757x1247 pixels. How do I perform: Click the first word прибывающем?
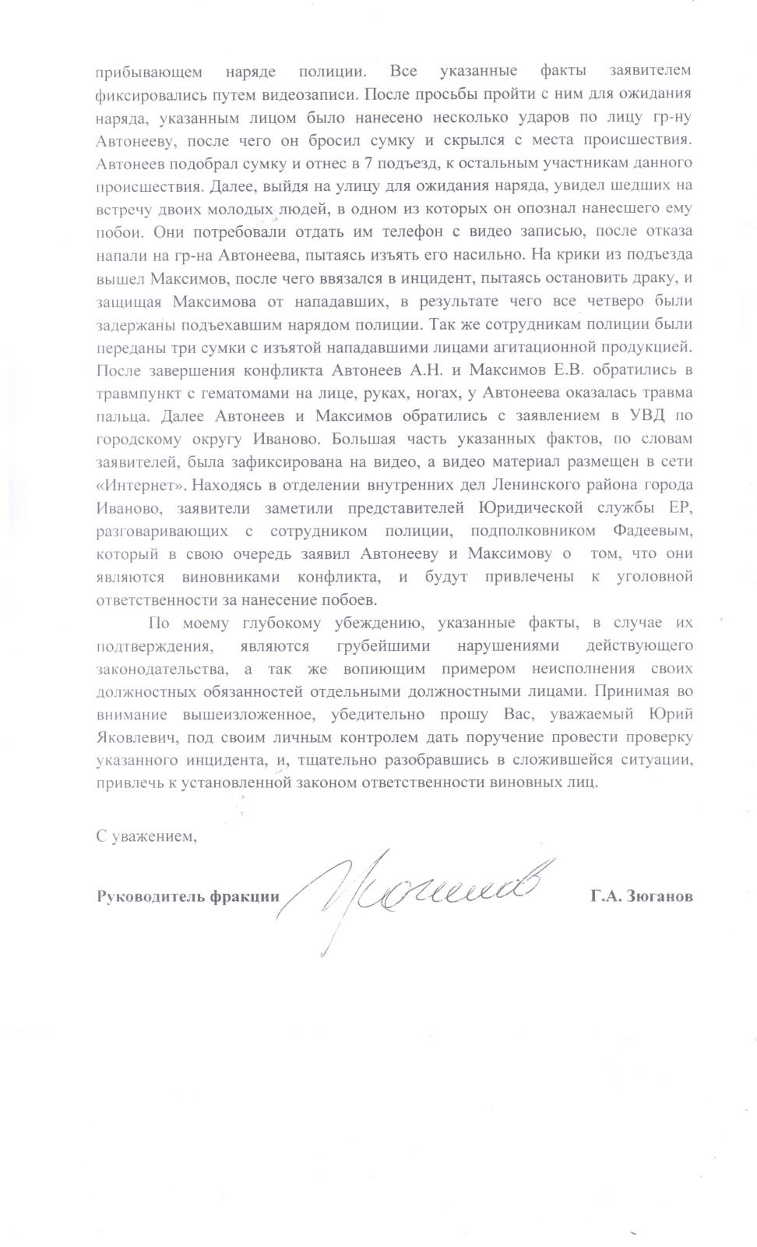click(x=149, y=72)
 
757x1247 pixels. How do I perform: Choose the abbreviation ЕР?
click(x=680, y=508)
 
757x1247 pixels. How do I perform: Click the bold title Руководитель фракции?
click(x=187, y=896)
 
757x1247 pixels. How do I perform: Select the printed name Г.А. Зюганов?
click(x=640, y=896)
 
